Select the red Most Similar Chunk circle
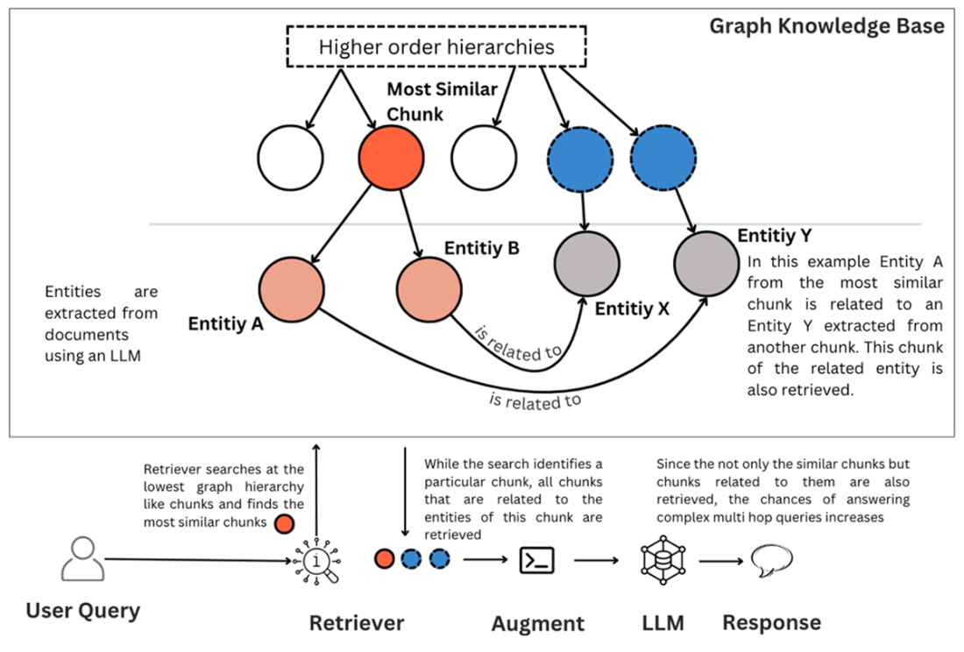pyautogui.click(x=391, y=158)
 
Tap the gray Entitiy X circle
pyautogui.click(x=587, y=265)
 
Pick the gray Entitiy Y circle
pyautogui.click(x=706, y=265)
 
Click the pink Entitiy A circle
pyautogui.click(x=292, y=290)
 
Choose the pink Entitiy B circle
pyautogui.click(x=429, y=290)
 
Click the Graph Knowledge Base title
pyautogui.click(x=826, y=25)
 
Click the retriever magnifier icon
pyautogui.click(x=318, y=560)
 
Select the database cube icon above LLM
pyautogui.click(x=663, y=560)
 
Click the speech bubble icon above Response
pyautogui.click(x=771, y=559)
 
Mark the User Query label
pyautogui.click(x=82, y=610)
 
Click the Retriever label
pyautogui.click(x=357, y=623)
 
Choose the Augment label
pyautogui.click(x=537, y=624)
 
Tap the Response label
pyautogui.click(x=771, y=622)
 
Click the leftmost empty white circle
pyautogui.click(x=290, y=158)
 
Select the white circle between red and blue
pyautogui.click(x=484, y=158)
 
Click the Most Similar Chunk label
pyautogui.click(x=442, y=102)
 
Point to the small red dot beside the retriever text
pyautogui.click(x=284, y=524)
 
